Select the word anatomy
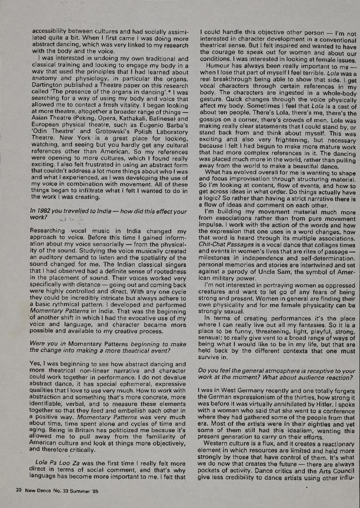pos(45,79)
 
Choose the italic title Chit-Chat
pos(216,246)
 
